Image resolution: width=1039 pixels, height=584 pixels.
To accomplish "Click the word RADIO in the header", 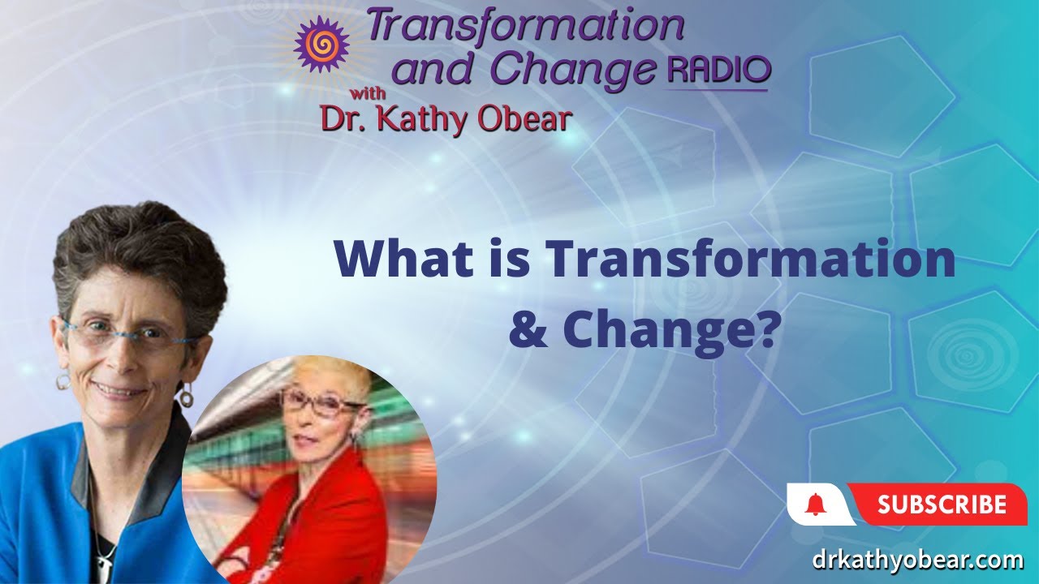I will point(718,71).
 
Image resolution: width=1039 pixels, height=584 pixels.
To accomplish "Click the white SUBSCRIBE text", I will point(942,505).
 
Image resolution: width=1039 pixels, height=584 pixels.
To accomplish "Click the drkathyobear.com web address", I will point(918,560).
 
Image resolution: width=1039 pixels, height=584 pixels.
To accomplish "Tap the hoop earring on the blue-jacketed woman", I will point(187,397).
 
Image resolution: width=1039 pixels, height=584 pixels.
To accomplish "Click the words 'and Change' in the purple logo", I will point(528,71).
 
